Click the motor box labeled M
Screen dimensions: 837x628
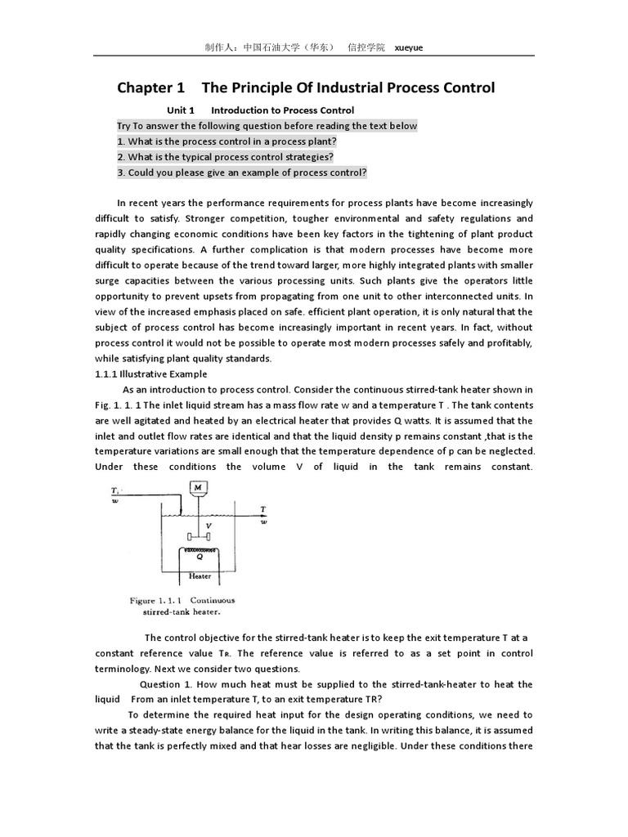coord(197,488)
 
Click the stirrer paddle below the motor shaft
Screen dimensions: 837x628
coord(199,536)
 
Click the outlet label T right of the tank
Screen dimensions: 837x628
coord(263,508)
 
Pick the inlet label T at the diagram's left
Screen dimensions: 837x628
coord(114,490)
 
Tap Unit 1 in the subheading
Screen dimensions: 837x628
coord(181,110)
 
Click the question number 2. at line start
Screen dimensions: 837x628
coord(121,157)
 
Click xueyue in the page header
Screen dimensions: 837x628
coord(409,47)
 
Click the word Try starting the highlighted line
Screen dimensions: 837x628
coord(124,126)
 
